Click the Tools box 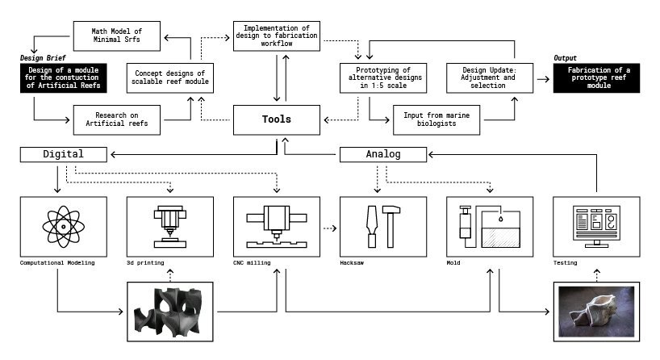pyautogui.click(x=277, y=119)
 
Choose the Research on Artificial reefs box pyautogui.click(x=116, y=120)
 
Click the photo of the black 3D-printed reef pyautogui.click(x=170, y=311)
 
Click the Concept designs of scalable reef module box pyautogui.click(x=169, y=77)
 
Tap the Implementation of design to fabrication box pyautogui.click(x=277, y=36)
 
